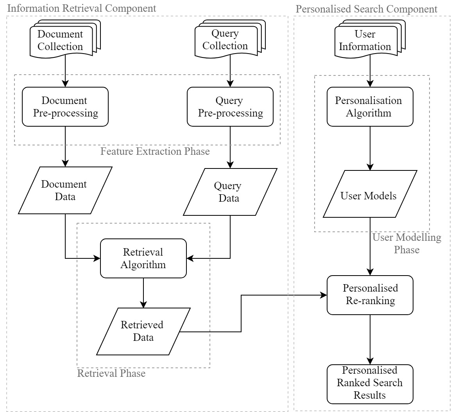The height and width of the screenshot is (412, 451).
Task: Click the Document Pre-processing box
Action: (65, 107)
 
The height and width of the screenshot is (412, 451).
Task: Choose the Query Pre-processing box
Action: (230, 107)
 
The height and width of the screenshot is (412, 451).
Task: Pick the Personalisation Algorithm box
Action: (370, 107)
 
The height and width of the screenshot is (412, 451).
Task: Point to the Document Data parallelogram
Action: (65, 190)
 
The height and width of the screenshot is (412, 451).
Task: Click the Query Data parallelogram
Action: (230, 192)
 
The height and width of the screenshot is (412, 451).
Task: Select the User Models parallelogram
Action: (370, 194)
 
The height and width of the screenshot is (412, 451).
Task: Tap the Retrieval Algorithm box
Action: (143, 258)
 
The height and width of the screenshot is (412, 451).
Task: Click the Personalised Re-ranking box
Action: (370, 295)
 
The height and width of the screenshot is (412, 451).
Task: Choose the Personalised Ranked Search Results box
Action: (370, 383)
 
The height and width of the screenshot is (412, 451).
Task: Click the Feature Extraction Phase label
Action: (155, 151)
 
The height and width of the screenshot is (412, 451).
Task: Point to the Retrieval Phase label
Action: (111, 374)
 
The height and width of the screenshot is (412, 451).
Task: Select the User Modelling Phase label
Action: (406, 243)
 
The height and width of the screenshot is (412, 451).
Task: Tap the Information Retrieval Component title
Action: (82, 8)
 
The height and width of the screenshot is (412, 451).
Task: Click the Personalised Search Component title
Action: (367, 9)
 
